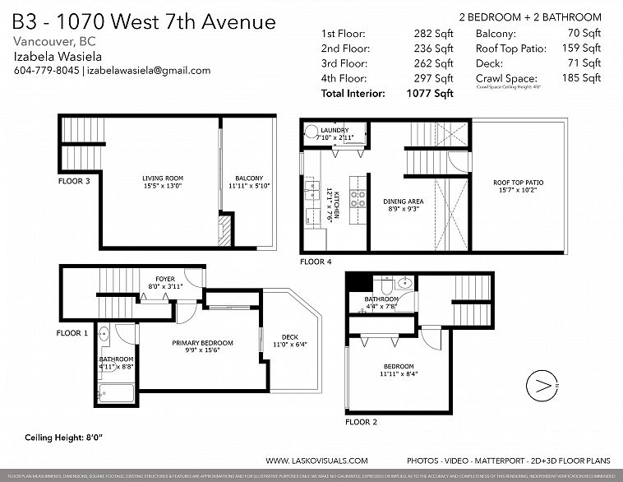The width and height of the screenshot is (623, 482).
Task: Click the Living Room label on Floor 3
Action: pos(162,178)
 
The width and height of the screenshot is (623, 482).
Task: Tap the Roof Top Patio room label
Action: pos(518,183)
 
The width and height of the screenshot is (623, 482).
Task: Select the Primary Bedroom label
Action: pos(202,343)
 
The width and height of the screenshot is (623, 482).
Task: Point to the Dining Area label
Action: pos(403,201)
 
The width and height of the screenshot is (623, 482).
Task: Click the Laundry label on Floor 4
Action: pos(335,130)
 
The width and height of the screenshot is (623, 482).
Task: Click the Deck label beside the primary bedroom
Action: pos(290,336)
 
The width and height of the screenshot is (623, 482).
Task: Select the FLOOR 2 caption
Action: pos(362,422)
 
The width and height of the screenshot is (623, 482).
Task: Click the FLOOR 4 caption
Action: pos(316,262)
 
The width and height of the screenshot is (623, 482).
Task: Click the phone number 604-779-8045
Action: pos(46,71)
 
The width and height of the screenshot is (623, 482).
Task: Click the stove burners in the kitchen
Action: pos(358,197)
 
